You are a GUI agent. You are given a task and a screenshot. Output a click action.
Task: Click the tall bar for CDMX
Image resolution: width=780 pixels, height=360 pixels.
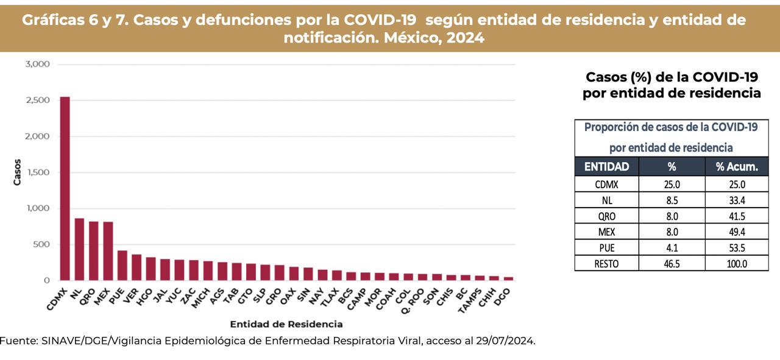pyautogui.click(x=65, y=189)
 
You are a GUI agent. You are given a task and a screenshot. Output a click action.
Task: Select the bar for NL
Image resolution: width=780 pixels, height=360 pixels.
pyautogui.click(x=79, y=249)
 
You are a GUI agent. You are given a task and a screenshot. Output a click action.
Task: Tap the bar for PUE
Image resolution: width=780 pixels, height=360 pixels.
pyautogui.click(x=122, y=266)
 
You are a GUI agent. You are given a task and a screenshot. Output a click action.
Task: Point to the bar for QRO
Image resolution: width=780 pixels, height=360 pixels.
pyautogui.click(x=94, y=251)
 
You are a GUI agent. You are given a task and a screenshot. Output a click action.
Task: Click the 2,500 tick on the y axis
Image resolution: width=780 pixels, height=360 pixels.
pyautogui.click(x=38, y=100)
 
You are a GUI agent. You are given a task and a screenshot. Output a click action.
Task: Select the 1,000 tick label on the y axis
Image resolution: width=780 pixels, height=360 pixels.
pyautogui.click(x=38, y=208)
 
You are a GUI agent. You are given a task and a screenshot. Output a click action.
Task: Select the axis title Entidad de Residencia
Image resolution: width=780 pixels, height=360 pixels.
pyautogui.click(x=286, y=324)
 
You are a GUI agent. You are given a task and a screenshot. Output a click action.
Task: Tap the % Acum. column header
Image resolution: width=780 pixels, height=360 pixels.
pyautogui.click(x=737, y=167)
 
